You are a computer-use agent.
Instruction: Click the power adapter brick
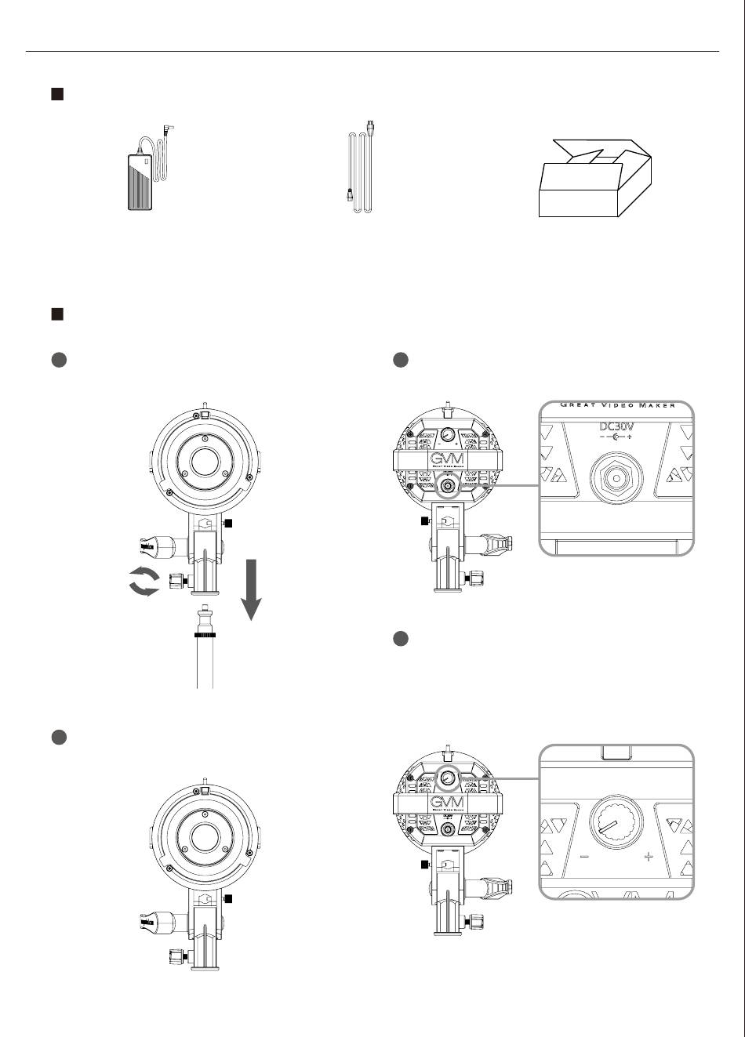pos(142,181)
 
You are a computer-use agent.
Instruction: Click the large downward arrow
pos(250,588)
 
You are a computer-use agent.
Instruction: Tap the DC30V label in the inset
pos(616,427)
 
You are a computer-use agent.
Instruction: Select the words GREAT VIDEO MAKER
pos(617,405)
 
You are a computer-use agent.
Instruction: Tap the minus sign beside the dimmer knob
pos(584,857)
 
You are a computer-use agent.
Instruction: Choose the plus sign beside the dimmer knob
pos(649,857)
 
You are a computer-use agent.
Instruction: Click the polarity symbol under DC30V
pos(616,437)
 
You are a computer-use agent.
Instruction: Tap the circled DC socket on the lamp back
pos(449,486)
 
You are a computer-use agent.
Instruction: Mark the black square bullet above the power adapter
pos(56,95)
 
